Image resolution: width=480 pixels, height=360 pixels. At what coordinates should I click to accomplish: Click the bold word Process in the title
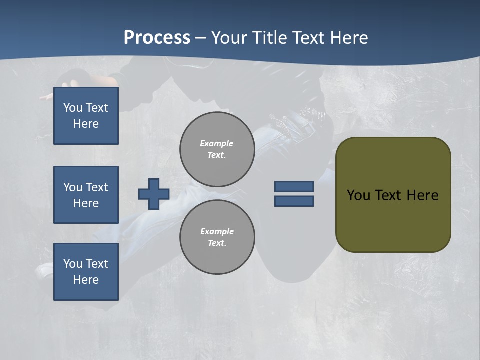[x=157, y=38]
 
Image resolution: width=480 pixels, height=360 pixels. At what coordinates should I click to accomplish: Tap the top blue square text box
[x=86, y=116]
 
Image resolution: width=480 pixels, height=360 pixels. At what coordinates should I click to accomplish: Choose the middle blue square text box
[x=86, y=195]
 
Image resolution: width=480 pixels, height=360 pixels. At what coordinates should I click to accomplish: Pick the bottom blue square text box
[x=86, y=272]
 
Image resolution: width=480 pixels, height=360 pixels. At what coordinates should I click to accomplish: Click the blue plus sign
[x=153, y=194]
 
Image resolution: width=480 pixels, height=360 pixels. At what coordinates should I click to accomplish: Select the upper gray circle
[x=217, y=149]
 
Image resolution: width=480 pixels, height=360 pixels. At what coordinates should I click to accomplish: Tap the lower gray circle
[x=217, y=237]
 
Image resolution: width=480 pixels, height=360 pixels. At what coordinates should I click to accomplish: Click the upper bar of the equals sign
[x=294, y=187]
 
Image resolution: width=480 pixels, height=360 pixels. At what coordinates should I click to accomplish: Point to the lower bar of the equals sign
[x=294, y=201]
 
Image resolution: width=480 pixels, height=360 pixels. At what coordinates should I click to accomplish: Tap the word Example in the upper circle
[x=216, y=143]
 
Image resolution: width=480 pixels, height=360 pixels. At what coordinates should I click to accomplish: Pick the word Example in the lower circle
[x=217, y=231]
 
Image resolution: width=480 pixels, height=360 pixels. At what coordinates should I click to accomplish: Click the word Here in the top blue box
[x=86, y=124]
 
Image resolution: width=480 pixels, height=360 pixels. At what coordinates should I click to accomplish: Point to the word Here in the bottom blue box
[x=86, y=280]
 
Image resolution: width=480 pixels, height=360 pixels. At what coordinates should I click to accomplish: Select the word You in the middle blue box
[x=72, y=187]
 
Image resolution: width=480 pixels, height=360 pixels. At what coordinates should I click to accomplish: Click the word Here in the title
[x=349, y=38]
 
